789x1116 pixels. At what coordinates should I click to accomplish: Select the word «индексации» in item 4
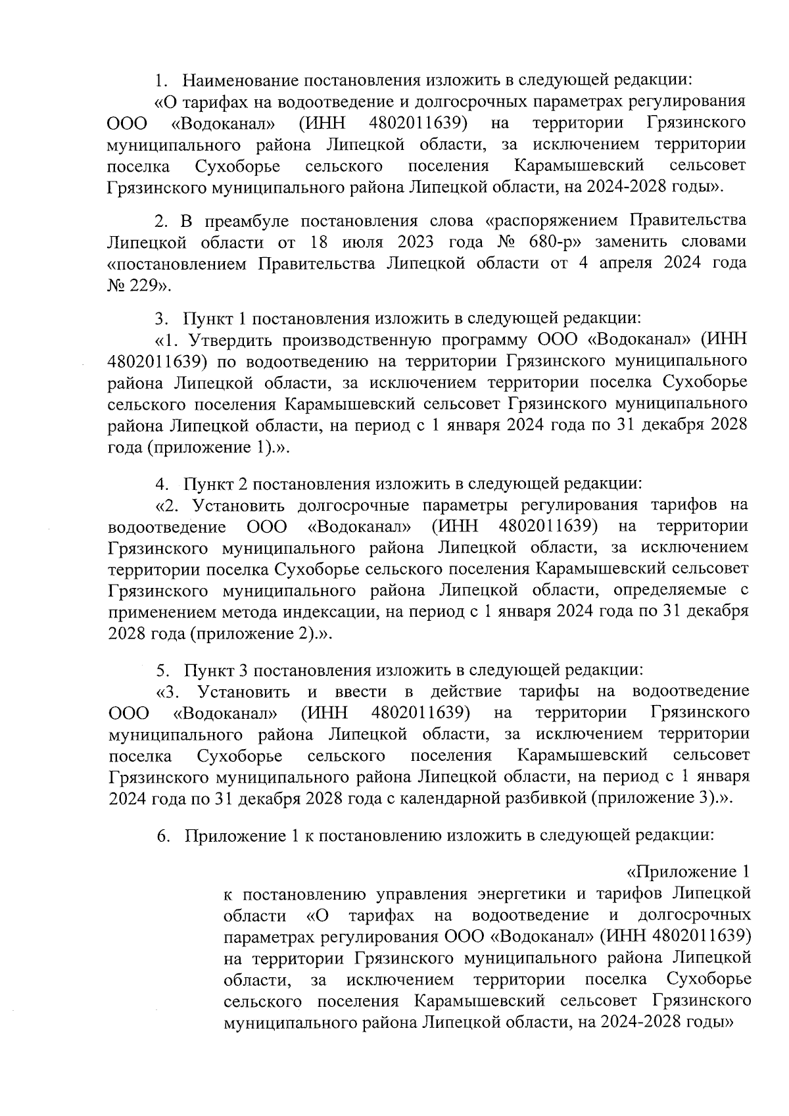click(x=330, y=611)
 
